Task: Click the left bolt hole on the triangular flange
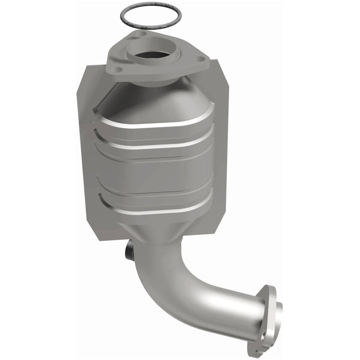point(118,70)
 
